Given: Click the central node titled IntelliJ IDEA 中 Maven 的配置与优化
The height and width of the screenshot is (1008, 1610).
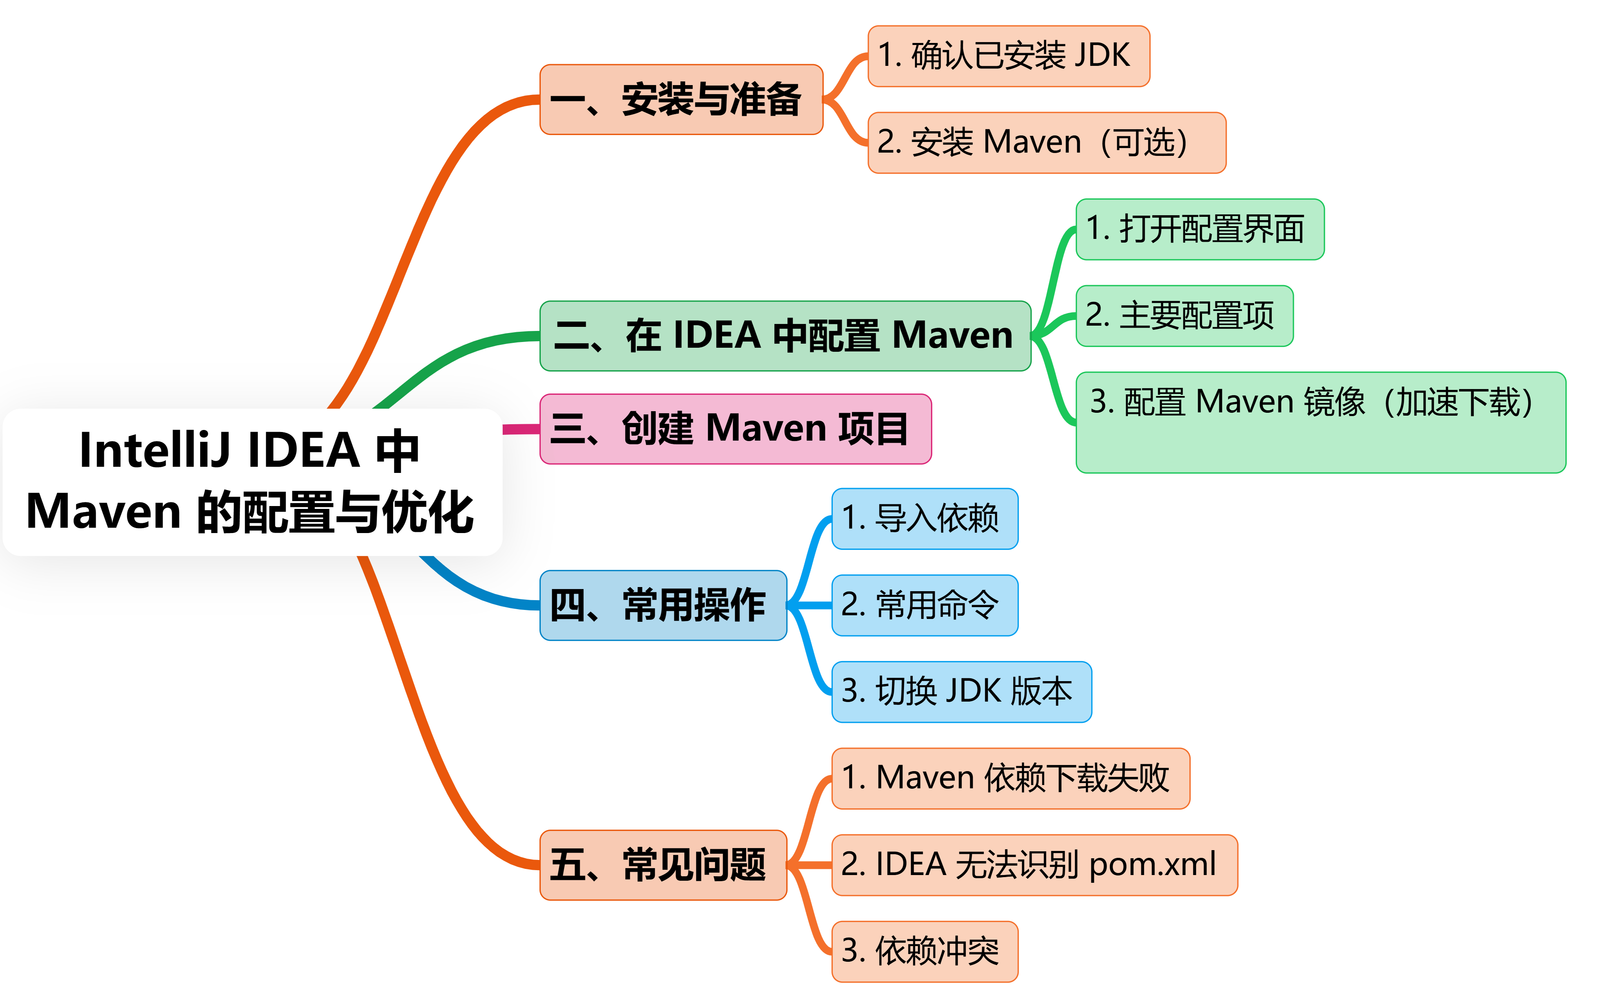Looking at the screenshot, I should (252, 482).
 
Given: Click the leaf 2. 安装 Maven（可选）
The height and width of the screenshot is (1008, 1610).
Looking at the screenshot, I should (1046, 143).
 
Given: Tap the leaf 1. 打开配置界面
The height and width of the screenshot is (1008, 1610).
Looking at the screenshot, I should (1199, 229).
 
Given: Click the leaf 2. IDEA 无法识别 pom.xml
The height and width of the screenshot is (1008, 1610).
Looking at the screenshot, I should (1034, 865).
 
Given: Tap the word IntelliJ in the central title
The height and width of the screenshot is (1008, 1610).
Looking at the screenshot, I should (155, 451).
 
